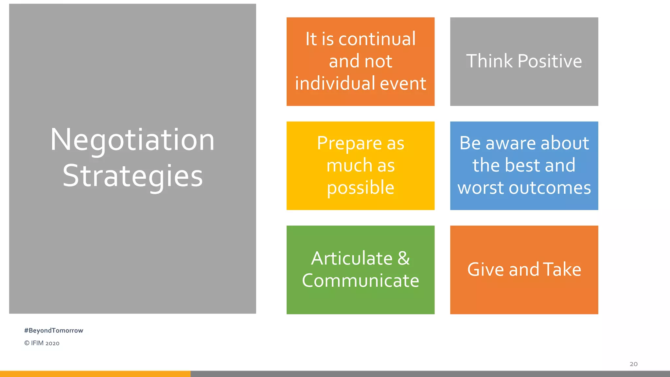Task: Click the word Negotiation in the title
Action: coord(132,140)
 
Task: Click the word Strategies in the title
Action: coord(132,176)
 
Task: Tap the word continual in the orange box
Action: coord(377,39)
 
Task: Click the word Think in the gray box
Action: coord(489,61)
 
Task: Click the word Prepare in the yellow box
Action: coord(349,144)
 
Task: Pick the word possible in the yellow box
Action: coord(361,188)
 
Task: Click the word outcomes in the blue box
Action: coord(550,188)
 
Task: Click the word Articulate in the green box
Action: coord(352,259)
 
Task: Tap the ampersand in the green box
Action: coord(404,259)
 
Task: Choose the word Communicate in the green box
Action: coord(361,281)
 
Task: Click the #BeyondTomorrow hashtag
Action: coord(54,331)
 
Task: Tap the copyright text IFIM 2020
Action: coord(42,343)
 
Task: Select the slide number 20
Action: coord(633,364)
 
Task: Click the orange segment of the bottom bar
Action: coord(95,374)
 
